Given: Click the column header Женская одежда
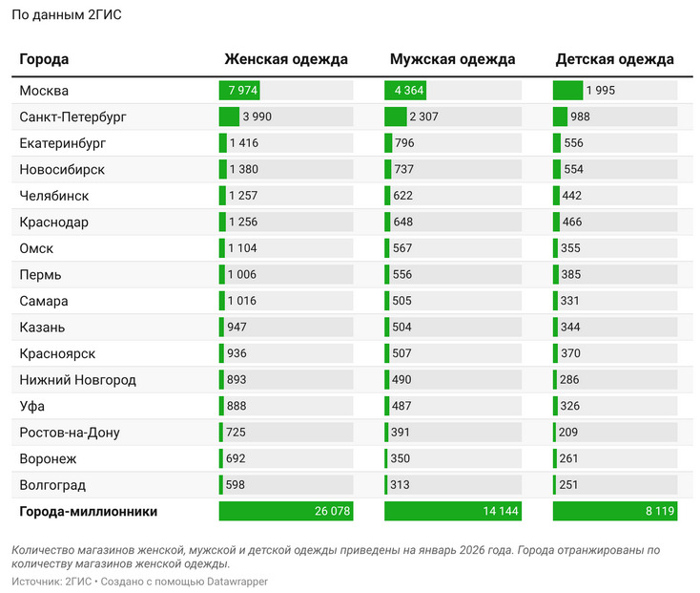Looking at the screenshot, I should pyautogui.click(x=286, y=59).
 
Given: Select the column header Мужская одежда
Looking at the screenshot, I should pyautogui.click(x=452, y=59).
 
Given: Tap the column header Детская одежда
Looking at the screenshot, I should pyautogui.click(x=614, y=59).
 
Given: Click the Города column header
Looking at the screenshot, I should pyautogui.click(x=44, y=59).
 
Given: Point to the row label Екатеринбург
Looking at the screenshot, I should pyautogui.click(x=62, y=143).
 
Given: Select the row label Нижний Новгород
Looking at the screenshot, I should pyautogui.click(x=77, y=380).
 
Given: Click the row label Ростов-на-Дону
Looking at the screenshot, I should pyautogui.click(x=71, y=433).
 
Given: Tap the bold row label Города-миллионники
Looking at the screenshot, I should pyautogui.click(x=88, y=512).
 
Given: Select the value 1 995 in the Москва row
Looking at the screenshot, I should pyautogui.click(x=601, y=91).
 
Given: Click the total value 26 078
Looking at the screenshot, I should pyautogui.click(x=332, y=512).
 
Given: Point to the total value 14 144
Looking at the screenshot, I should pyautogui.click(x=500, y=512).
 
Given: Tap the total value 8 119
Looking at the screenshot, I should pyautogui.click(x=659, y=512).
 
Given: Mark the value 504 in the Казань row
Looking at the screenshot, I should pyautogui.click(x=402, y=328).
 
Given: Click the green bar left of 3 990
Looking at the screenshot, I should pyautogui.click(x=229, y=116).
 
